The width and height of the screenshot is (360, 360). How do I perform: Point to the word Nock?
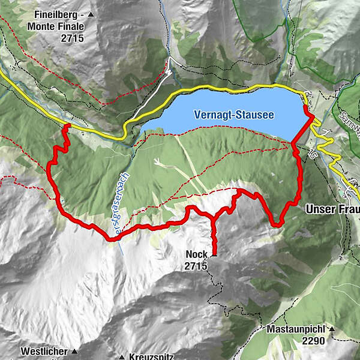tap(196, 255)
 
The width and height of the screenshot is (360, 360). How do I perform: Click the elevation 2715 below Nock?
tap(196, 266)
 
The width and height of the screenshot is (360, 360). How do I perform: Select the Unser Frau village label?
tap(332, 209)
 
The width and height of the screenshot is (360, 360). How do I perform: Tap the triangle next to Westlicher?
tap(75, 351)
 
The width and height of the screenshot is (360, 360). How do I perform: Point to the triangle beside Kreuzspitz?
tap(122, 356)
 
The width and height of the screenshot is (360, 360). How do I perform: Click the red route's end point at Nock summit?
tap(213, 254)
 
